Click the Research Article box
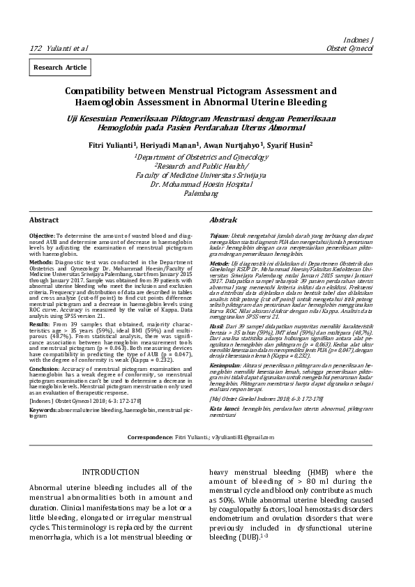(x=60, y=68)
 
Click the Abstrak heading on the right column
(x=224, y=220)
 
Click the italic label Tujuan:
(x=219, y=236)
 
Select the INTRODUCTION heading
(x=111, y=473)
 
